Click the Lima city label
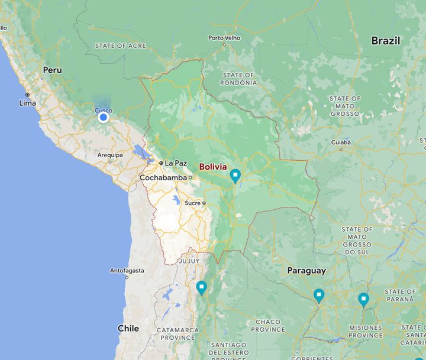(27, 103)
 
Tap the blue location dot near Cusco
(104, 117)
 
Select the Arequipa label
(110, 155)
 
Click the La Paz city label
(175, 163)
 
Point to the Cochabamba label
(163, 177)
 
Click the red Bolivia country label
(213, 167)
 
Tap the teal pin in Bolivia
(235, 175)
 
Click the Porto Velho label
(224, 38)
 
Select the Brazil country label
(385, 41)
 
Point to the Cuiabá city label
(341, 142)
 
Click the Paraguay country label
(306, 271)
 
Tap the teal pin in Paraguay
(319, 295)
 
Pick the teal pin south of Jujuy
(201, 287)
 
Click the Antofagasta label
(127, 271)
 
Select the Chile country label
(128, 328)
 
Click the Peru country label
(52, 70)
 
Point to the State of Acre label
(120, 46)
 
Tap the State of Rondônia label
(239, 79)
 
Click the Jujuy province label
(189, 261)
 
